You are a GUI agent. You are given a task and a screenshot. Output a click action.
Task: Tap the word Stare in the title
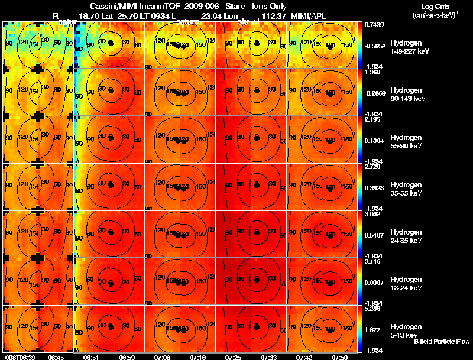click(x=234, y=6)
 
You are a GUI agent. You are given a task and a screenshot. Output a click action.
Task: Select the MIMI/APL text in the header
click(x=307, y=17)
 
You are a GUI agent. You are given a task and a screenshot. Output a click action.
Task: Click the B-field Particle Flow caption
click(x=441, y=342)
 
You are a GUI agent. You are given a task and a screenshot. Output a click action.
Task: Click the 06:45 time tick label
click(x=56, y=357)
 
